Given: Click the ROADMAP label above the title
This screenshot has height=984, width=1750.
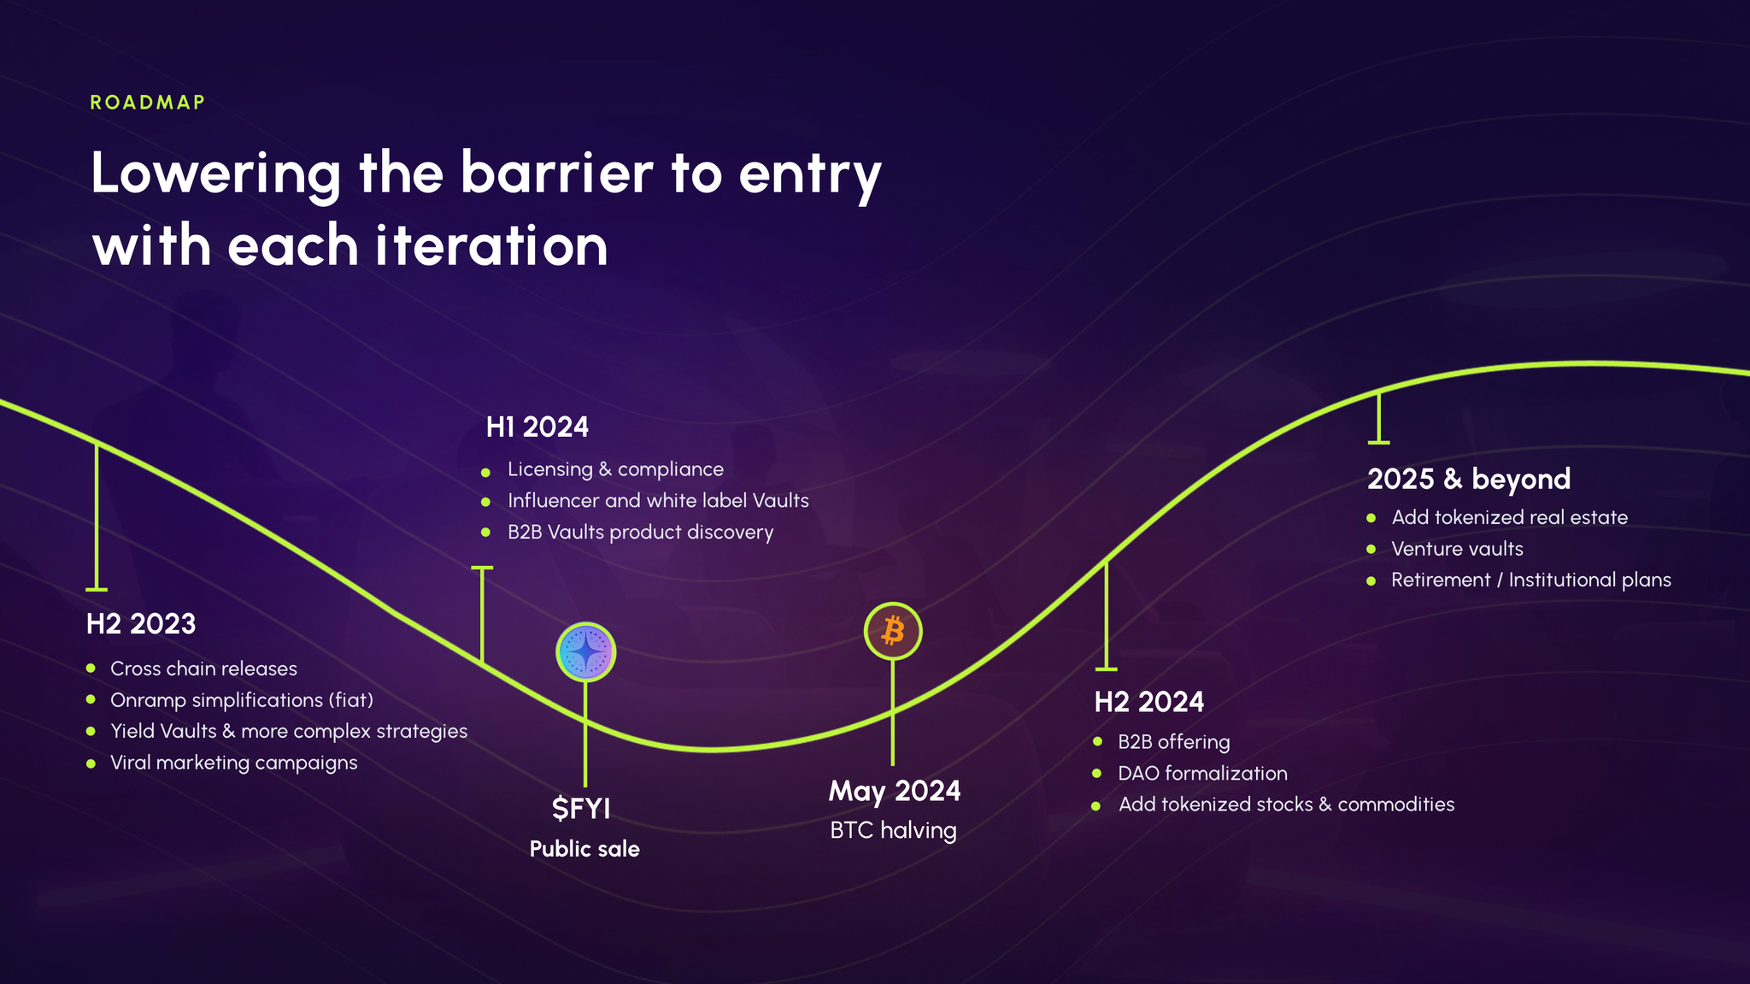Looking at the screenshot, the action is click(148, 103).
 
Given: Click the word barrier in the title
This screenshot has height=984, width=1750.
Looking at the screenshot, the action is click(556, 173).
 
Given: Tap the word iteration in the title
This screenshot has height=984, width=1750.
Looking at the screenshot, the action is click(491, 245).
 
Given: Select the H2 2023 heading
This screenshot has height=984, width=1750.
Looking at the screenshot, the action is click(141, 624).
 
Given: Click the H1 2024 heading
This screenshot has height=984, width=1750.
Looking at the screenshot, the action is click(537, 427).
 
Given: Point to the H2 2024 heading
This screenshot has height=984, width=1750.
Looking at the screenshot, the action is click(1149, 702).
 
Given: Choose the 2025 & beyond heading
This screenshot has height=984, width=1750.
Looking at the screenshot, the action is click(1469, 479).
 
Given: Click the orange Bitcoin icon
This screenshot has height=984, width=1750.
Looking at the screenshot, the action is click(893, 631).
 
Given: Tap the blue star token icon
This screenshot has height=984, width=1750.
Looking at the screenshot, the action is click(585, 651).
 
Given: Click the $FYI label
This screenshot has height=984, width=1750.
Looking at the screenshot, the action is click(581, 808).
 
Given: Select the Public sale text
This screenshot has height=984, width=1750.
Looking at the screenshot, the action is click(584, 849).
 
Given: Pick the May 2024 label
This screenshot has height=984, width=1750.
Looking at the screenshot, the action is click(895, 792).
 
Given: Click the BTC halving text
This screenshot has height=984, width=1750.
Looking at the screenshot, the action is click(893, 830).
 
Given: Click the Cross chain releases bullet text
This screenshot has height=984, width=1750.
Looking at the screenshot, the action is click(203, 669).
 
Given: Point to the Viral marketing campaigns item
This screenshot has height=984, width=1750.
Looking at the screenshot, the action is click(234, 763).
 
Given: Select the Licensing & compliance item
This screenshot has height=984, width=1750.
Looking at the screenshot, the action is click(615, 469).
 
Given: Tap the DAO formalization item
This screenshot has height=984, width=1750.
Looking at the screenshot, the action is click(1202, 774).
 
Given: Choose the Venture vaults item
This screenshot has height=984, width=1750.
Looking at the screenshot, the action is click(1457, 549).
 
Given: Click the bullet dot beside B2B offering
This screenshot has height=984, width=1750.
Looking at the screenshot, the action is click(1097, 742).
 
